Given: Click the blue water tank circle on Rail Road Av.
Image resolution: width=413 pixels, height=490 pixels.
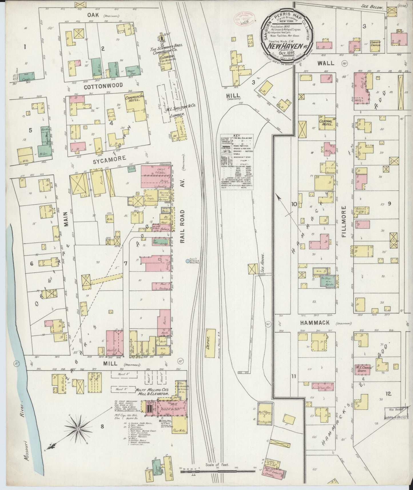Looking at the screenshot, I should point(187,261).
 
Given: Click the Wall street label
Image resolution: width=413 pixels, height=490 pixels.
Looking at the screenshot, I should point(326,63).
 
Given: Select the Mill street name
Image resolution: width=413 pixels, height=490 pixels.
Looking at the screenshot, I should point(111,364).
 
